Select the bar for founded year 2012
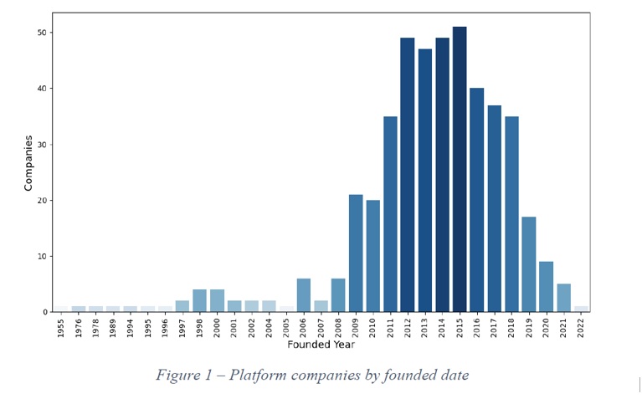(x=408, y=175)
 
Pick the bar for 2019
(x=529, y=264)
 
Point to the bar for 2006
(x=304, y=295)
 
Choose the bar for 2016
(x=477, y=200)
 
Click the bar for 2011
(x=390, y=214)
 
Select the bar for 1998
(x=200, y=301)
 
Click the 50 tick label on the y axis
(x=41, y=33)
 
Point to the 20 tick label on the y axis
(x=41, y=201)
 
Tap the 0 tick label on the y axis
(x=44, y=312)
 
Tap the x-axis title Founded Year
(x=321, y=345)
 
